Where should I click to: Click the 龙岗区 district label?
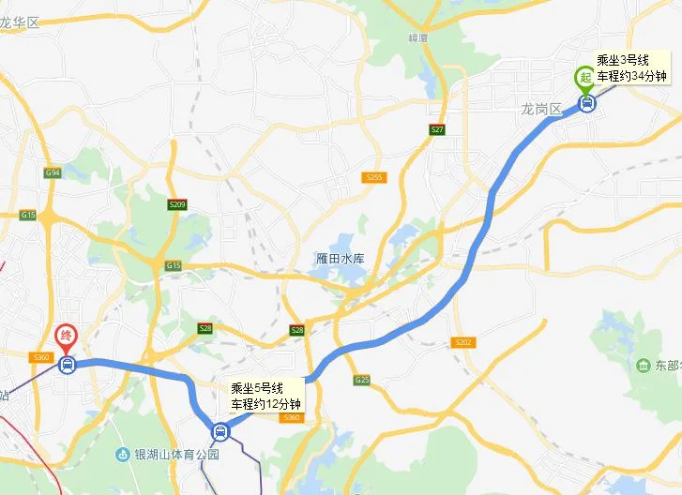tap(541, 110)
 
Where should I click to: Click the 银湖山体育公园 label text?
tap(178, 455)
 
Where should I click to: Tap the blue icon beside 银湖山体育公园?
tap(123, 455)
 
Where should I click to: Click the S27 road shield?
tap(437, 129)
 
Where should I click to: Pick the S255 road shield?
tap(374, 177)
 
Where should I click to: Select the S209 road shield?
tap(178, 204)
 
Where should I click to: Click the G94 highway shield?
tap(52, 172)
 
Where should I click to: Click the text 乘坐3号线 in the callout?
tap(623, 60)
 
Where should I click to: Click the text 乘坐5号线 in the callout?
tap(259, 388)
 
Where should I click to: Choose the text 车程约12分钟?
tap(267, 404)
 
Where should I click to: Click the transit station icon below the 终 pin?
tap(67, 365)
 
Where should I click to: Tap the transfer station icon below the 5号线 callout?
tap(220, 432)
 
